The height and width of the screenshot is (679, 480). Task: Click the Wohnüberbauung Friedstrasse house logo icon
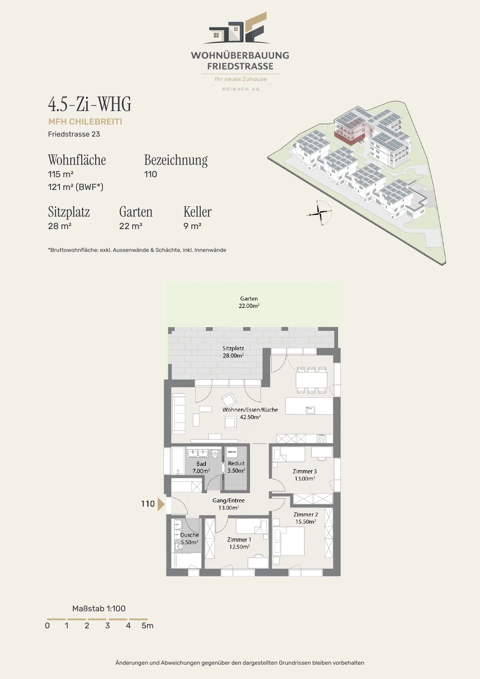click(x=237, y=28)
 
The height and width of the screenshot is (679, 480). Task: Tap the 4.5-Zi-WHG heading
click(x=90, y=104)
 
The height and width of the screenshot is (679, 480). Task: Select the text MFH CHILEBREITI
click(x=85, y=121)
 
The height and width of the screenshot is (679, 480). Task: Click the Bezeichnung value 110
click(x=150, y=174)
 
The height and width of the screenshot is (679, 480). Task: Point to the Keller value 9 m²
click(x=192, y=226)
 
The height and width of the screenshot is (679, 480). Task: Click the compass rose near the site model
click(x=320, y=212)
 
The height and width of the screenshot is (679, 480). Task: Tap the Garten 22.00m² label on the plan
click(x=249, y=302)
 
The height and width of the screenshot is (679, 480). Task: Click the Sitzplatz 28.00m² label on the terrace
click(x=233, y=352)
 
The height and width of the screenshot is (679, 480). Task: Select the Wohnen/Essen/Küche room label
click(x=250, y=413)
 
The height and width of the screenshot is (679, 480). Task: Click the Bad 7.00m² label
click(x=201, y=467)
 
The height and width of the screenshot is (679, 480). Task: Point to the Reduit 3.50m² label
click(x=236, y=467)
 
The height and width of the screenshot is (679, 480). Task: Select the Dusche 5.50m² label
click(x=190, y=539)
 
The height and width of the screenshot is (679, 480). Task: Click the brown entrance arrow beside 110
click(x=161, y=504)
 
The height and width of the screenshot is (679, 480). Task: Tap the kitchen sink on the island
click(x=310, y=409)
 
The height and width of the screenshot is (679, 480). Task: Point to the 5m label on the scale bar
click(x=147, y=626)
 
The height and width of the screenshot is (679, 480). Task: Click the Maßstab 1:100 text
click(x=99, y=609)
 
